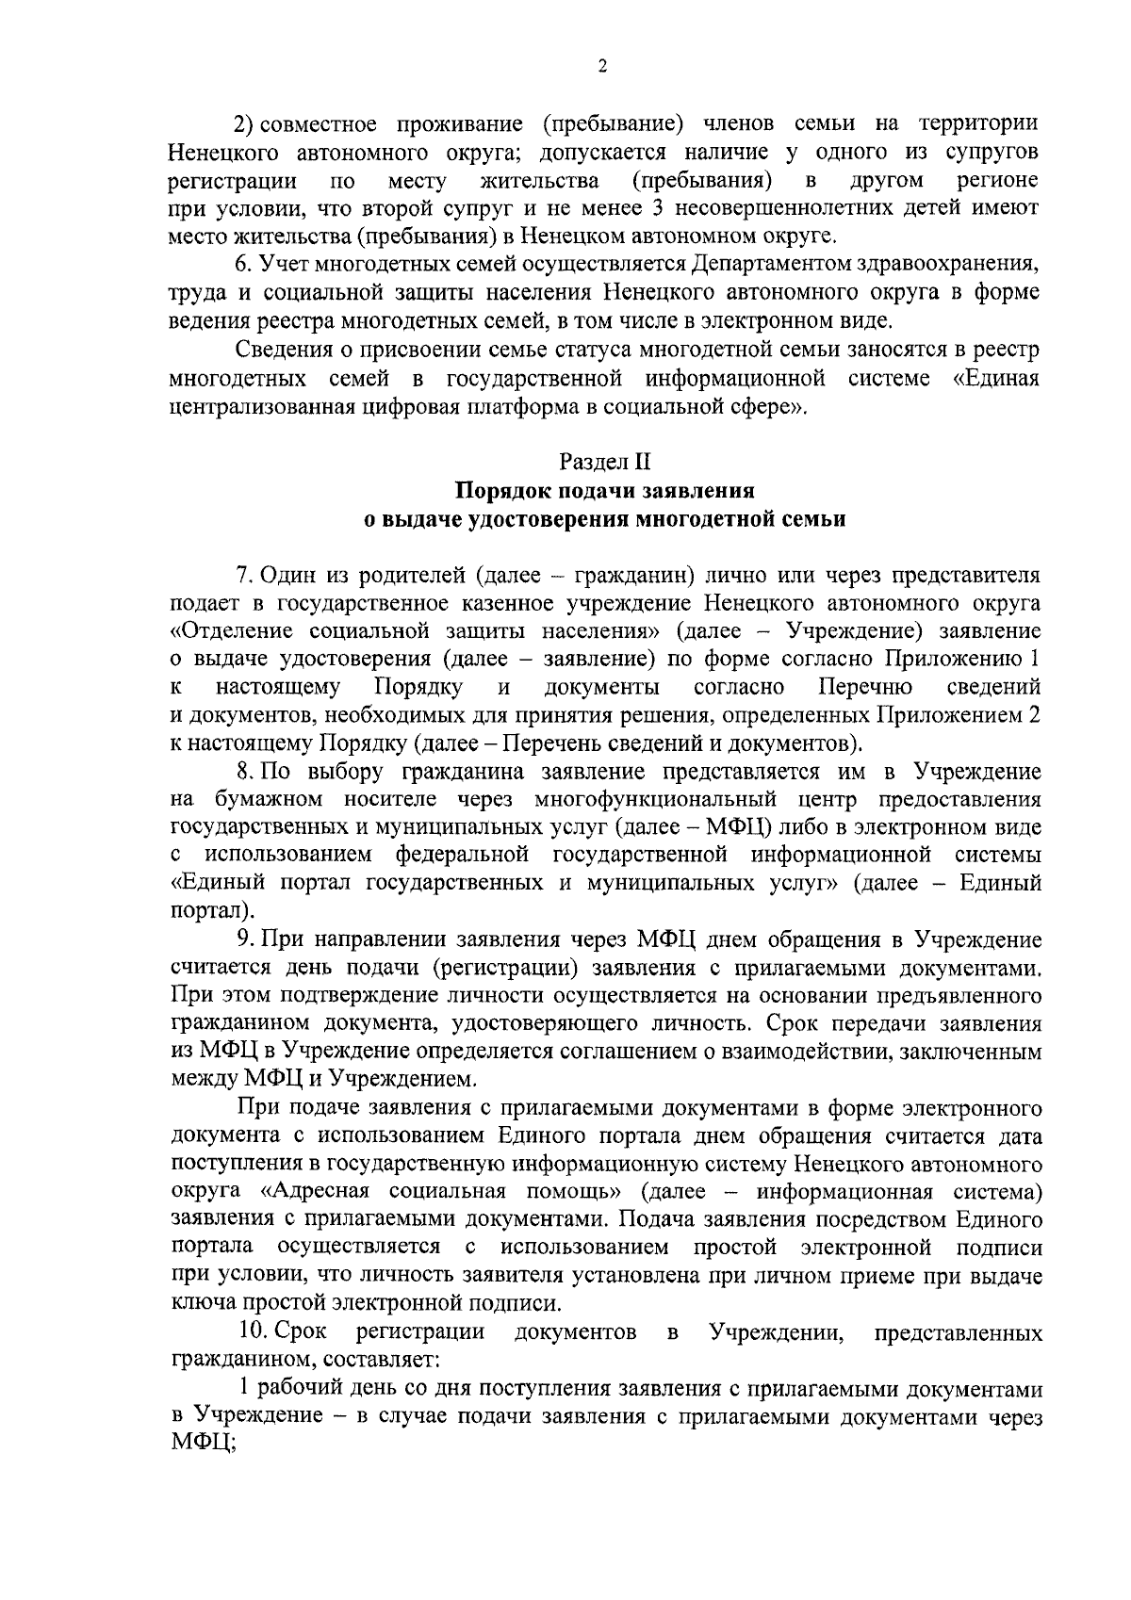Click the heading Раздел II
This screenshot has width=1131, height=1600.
604,462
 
